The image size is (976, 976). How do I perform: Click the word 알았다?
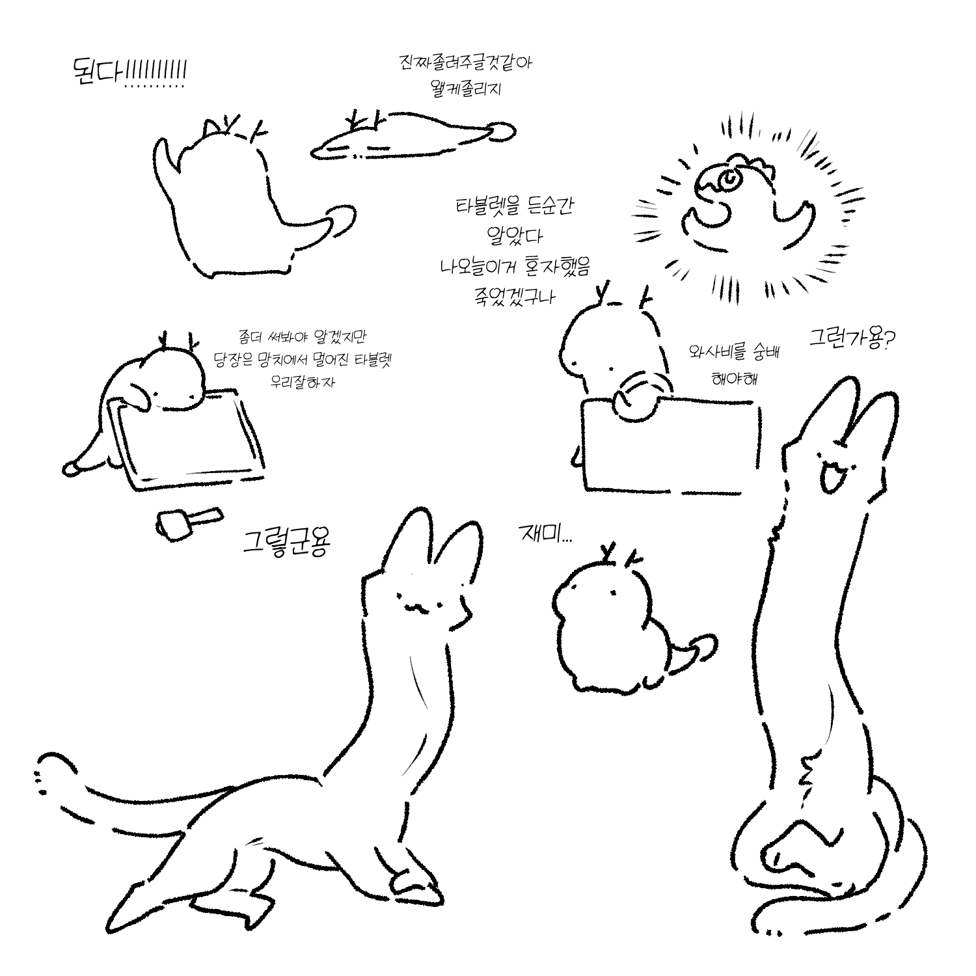(x=514, y=235)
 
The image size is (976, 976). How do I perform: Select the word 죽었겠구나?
(x=515, y=297)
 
